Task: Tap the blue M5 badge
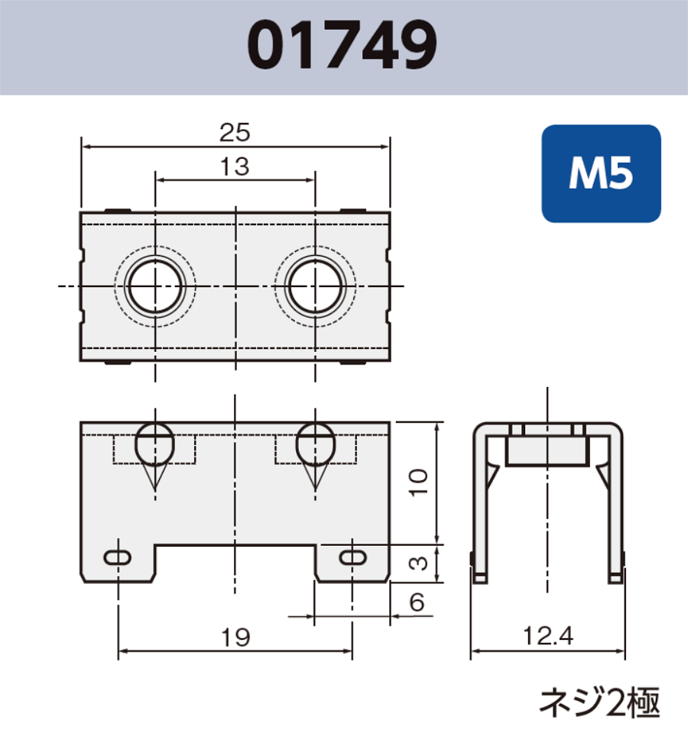(x=601, y=175)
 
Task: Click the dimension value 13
(x=235, y=167)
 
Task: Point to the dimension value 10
(x=417, y=483)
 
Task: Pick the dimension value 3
(x=417, y=563)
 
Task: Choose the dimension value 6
(x=417, y=603)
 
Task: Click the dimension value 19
(x=235, y=638)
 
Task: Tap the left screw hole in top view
(x=156, y=287)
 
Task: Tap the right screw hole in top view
(x=315, y=287)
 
